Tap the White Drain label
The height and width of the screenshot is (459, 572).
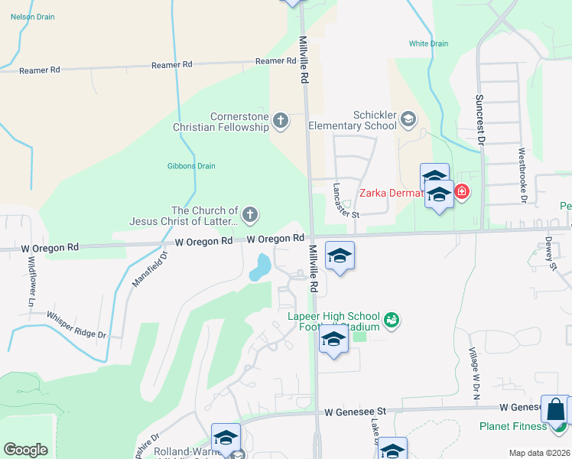point(428,44)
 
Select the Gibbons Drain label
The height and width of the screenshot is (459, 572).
point(191,166)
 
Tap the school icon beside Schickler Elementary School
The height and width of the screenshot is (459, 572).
point(409,119)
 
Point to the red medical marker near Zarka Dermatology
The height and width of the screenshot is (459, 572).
point(461,194)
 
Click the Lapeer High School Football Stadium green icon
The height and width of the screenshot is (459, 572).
point(392,320)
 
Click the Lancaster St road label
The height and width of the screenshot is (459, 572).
point(346,201)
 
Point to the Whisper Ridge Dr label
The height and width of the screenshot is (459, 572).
point(76,324)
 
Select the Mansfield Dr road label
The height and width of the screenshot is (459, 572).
point(148,269)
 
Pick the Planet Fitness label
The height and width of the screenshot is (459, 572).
point(512,426)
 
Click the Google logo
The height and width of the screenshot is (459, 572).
point(25,450)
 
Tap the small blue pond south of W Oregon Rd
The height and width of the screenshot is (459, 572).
point(260,268)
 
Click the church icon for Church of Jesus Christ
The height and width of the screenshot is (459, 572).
point(249,215)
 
